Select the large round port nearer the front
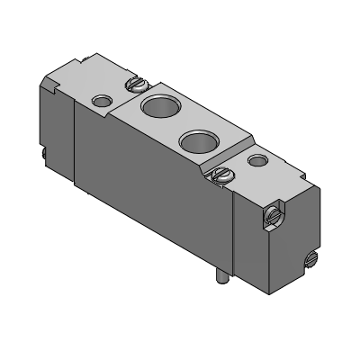pyautogui.click(x=196, y=140)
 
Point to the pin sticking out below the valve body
pyautogui.click(x=220, y=282)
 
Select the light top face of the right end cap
pyautogui.click(x=270, y=175)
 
